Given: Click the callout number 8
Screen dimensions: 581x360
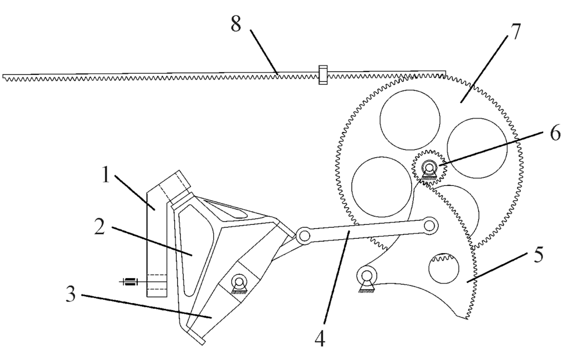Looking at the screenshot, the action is (236, 24).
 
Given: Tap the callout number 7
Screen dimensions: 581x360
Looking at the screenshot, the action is (514, 33).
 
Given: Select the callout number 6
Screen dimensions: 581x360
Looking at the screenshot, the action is (555, 134).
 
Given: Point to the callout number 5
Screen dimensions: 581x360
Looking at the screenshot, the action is (539, 255).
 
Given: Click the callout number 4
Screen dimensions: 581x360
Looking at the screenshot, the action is (320, 338).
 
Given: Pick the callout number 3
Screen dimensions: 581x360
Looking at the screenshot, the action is (71, 294).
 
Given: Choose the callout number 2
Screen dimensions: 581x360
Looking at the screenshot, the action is (99, 226).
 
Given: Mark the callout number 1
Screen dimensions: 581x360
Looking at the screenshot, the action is (106, 174).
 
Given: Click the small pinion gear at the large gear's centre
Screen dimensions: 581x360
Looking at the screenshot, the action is (429, 167).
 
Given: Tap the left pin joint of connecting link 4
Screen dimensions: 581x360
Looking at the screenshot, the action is (304, 235).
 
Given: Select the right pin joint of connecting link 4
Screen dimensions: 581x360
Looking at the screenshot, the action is (429, 225).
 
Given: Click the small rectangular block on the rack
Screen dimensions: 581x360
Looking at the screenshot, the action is (322, 75).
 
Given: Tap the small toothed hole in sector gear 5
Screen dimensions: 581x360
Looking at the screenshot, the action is (443, 268).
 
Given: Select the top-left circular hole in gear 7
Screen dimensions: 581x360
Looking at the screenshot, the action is (410, 119).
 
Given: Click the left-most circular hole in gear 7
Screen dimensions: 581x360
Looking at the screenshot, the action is (382, 186).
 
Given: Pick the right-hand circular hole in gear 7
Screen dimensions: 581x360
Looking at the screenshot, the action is (477, 148).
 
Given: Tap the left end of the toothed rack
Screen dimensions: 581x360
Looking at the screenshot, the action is (3, 77).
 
